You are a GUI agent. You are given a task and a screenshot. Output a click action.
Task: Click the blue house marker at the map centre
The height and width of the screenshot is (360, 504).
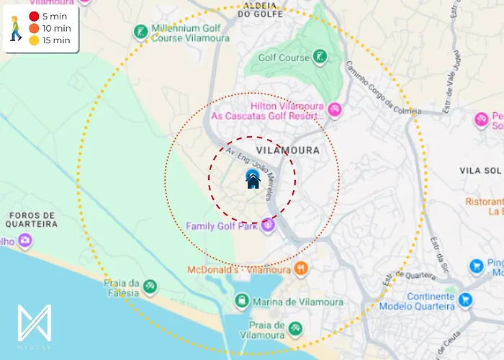(253, 179)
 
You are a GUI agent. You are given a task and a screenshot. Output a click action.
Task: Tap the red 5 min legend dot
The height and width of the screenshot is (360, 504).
(34, 16)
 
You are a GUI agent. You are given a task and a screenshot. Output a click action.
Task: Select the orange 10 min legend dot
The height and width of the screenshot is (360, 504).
(34, 28)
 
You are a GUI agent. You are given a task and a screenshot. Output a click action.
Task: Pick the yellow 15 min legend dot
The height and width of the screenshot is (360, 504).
(34, 40)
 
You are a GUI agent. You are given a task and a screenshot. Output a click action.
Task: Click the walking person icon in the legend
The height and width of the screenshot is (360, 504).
(15, 28)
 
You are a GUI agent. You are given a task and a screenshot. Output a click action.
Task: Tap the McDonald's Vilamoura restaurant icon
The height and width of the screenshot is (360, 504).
(301, 269)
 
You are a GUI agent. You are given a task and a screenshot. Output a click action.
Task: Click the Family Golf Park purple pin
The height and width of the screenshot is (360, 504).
(268, 225)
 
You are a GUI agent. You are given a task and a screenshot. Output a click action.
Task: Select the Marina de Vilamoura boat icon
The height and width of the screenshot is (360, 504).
(242, 300)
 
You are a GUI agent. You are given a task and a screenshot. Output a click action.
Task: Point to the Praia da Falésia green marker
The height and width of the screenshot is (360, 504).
(150, 287)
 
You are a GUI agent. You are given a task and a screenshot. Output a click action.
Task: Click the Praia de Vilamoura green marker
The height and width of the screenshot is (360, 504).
(294, 329)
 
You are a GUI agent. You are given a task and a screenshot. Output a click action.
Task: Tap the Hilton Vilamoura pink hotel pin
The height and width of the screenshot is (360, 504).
(334, 110)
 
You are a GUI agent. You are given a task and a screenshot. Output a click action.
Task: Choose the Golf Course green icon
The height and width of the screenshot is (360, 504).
(320, 56)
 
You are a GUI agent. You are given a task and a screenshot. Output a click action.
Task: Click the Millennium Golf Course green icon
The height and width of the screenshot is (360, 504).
(140, 32)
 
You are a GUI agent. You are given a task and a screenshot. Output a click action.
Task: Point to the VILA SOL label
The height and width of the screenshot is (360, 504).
(479, 170)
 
